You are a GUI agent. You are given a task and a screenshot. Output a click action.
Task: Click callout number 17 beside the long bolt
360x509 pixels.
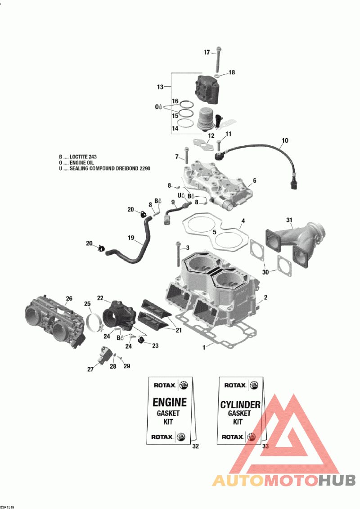207,53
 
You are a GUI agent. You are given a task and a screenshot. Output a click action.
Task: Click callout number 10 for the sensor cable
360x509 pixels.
284,141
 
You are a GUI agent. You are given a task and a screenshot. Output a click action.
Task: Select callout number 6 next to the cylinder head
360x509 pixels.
254,180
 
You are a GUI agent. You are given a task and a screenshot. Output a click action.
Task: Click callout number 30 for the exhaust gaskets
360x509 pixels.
265,272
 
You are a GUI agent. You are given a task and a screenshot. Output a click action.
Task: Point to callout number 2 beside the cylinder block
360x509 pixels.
265,297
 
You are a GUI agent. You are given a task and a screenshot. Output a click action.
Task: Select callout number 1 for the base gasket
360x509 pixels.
204,347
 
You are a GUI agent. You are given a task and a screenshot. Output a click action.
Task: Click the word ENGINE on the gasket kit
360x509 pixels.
169,402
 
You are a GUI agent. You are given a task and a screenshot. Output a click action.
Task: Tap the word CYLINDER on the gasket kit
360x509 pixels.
240,405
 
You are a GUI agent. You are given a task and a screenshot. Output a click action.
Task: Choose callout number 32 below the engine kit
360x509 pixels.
195,446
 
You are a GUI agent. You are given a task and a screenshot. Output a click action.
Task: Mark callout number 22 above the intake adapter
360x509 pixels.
100,298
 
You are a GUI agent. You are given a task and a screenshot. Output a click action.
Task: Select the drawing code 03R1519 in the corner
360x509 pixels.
8,507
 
